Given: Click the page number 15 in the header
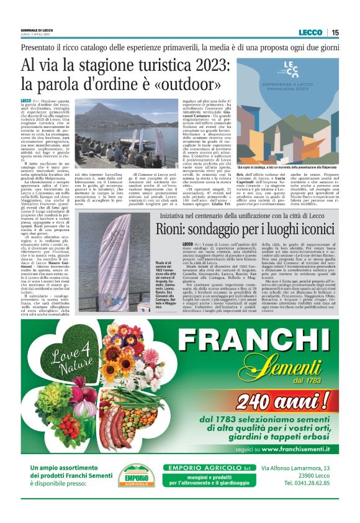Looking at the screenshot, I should pos(335,32).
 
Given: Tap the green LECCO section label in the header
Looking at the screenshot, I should pos(310,32).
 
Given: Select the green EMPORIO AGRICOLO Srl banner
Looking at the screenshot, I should pos(207,468).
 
